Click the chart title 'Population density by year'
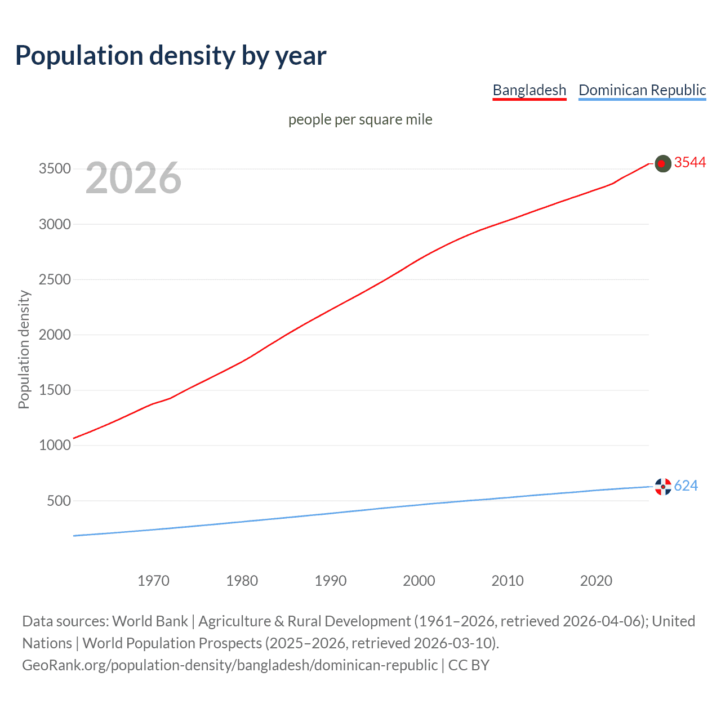171,56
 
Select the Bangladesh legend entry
529,90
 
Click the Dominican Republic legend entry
642,90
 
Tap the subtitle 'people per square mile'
360,119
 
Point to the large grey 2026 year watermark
133,178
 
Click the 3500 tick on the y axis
55,169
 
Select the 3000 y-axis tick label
55,224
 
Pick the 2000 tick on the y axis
55,335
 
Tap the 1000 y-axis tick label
55,445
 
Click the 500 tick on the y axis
59,501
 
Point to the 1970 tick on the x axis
153,581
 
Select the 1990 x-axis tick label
331,581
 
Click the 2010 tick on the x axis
508,581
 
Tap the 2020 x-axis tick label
596,581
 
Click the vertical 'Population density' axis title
24,349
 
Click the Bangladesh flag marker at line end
663,163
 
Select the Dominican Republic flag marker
663,487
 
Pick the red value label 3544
690,163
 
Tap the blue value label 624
686,486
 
